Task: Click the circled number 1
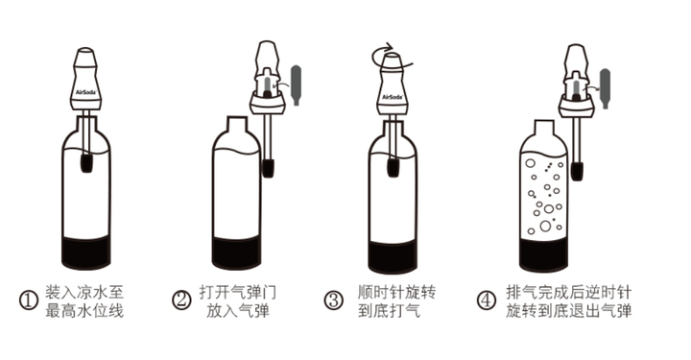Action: point(28,300)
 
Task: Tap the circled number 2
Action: point(180,300)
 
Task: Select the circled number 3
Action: point(333,300)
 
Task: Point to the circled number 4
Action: point(487,300)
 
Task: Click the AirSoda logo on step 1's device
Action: point(85,92)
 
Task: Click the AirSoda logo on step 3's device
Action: point(393,97)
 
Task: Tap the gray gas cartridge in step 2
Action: point(297,85)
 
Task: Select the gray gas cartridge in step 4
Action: point(606,88)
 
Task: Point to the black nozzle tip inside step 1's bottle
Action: point(86,162)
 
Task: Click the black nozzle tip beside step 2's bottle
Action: point(268,168)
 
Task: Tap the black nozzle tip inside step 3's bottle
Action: point(393,167)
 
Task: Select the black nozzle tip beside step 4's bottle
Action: point(577,172)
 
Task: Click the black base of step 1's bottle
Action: point(86,252)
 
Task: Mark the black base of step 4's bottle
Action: point(543,255)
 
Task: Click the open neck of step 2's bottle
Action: point(238,124)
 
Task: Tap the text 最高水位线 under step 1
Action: point(84,311)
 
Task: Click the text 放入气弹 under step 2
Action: point(238,311)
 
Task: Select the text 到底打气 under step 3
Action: point(389,311)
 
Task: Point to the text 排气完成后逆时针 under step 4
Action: point(569,292)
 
